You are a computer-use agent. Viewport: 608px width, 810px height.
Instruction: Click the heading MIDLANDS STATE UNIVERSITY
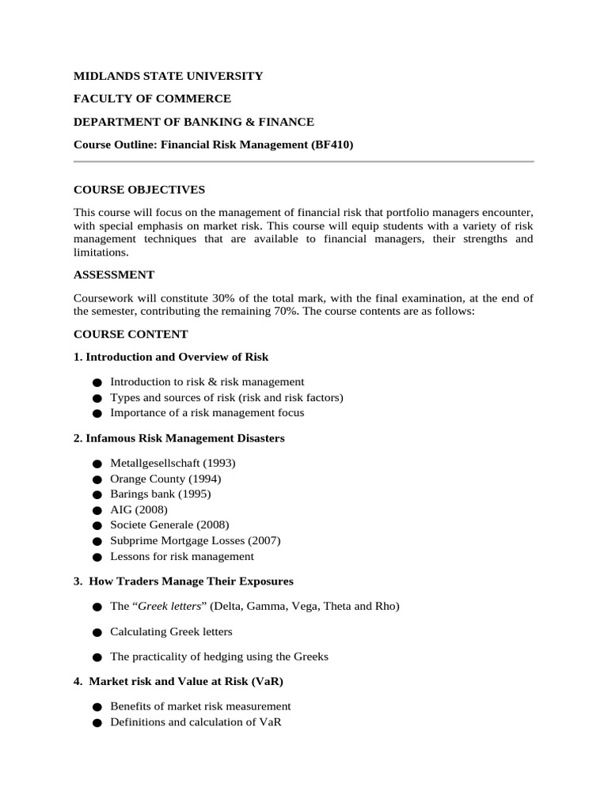[168, 76]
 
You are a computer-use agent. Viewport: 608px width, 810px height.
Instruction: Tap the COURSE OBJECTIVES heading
[139, 190]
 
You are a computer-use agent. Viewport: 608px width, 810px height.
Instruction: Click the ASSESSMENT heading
[114, 274]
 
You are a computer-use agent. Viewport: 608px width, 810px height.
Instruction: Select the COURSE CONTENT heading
[131, 335]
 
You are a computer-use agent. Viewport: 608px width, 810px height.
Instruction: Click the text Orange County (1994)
[165, 479]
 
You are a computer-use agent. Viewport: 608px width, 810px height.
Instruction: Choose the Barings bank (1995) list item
[161, 494]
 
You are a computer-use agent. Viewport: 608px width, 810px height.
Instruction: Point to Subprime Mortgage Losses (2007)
[196, 541]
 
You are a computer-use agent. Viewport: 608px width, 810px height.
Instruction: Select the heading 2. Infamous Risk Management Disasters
[179, 438]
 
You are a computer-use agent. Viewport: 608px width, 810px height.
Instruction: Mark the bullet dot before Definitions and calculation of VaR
[97, 723]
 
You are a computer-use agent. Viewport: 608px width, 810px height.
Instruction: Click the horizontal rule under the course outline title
[303, 162]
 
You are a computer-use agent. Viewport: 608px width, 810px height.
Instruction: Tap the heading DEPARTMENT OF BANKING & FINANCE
[194, 122]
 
